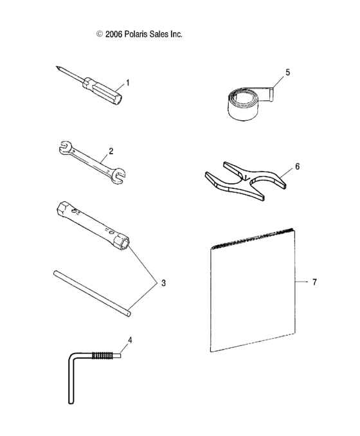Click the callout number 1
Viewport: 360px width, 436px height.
coord(127,83)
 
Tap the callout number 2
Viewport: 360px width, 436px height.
coord(111,151)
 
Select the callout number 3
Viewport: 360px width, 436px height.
coord(163,283)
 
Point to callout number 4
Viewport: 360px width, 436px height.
coord(130,340)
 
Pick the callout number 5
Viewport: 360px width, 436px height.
coord(288,72)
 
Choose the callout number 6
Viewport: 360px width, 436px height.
coord(298,167)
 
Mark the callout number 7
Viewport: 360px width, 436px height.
coord(314,282)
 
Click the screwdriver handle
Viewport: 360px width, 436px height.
coord(102,91)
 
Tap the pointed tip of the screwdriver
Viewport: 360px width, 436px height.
coord(57,67)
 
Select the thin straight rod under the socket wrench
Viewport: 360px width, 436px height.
coord(92,294)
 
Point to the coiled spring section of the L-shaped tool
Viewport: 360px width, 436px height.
coord(102,356)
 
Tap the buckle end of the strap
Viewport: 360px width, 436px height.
coord(271,95)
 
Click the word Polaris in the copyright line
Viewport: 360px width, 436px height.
coord(136,34)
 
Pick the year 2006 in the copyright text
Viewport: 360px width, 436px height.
coord(114,34)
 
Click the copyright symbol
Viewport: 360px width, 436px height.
coord(99,34)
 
